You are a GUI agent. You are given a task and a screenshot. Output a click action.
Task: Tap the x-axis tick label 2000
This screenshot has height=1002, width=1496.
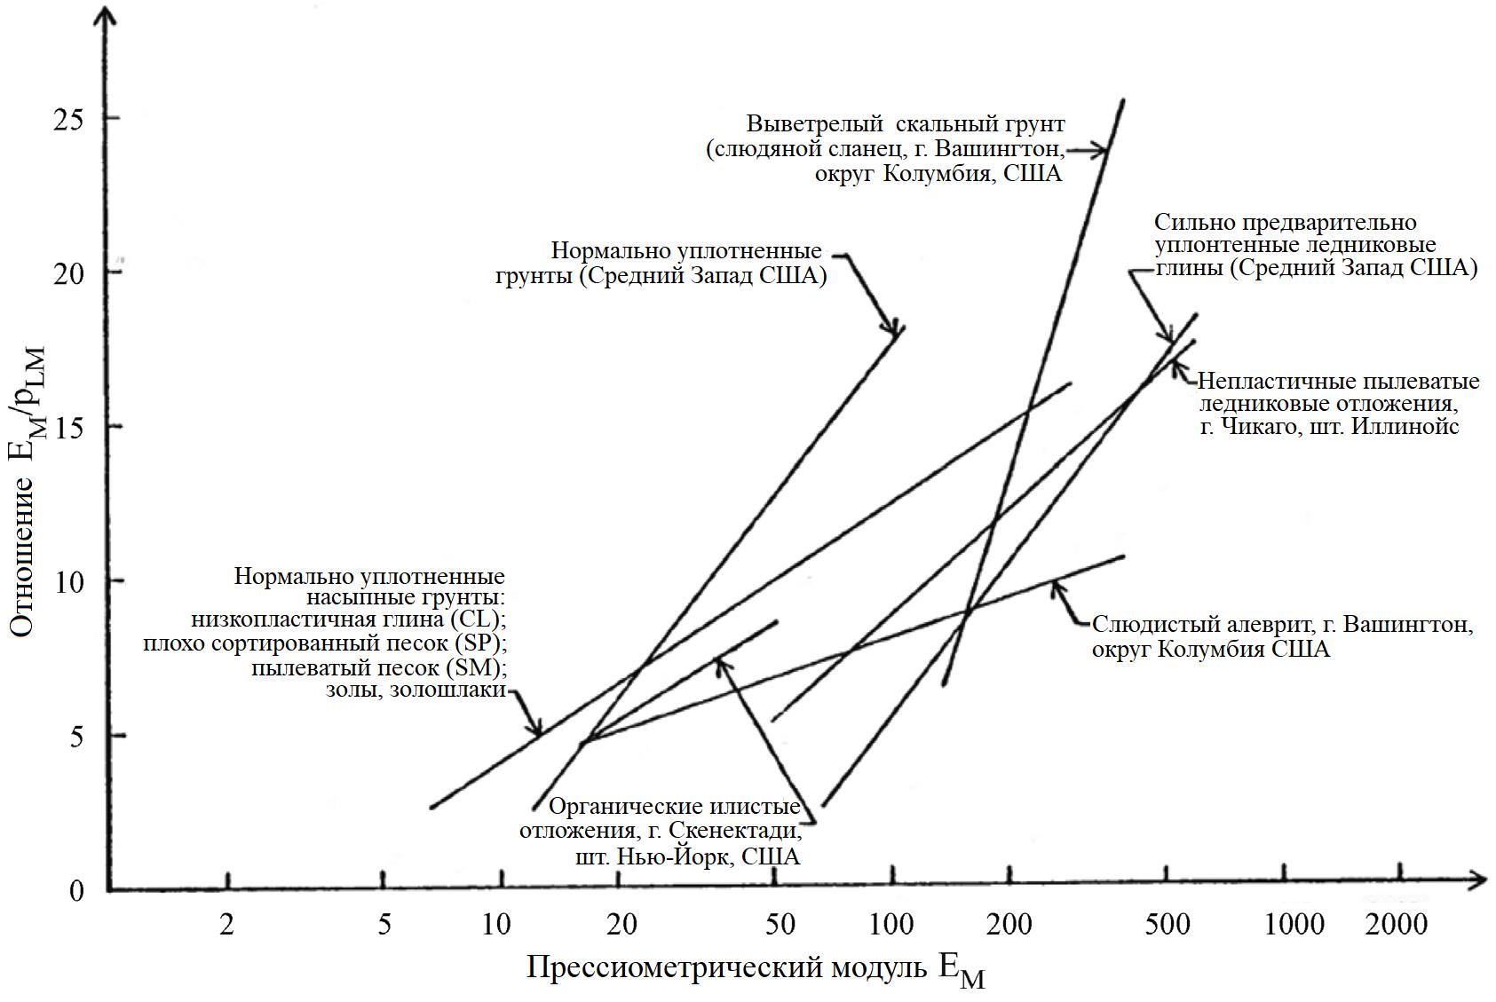coord(1397,925)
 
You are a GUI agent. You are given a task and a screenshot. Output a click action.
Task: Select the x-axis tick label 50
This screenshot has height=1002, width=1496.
coord(779,925)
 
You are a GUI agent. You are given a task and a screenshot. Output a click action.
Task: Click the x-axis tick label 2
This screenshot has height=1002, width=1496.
coord(227,925)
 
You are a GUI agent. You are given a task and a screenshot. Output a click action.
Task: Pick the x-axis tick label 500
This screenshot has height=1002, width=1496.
coord(1166,925)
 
